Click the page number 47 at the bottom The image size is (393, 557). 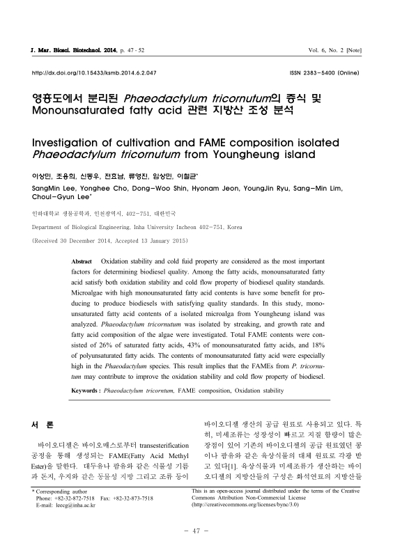point(196,533)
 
